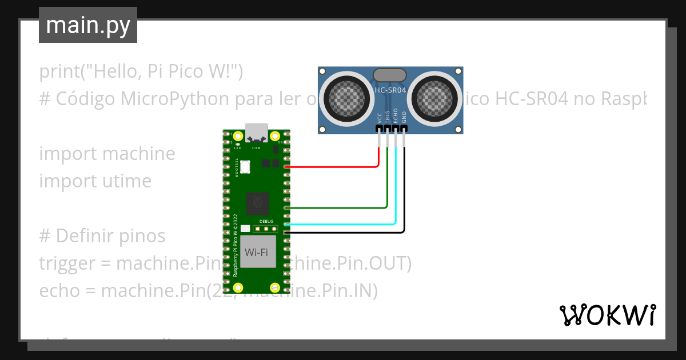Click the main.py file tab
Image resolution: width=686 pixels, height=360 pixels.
click(x=87, y=25)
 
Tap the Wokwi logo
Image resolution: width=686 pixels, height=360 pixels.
click(x=607, y=315)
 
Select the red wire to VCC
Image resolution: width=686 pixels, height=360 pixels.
click(x=332, y=167)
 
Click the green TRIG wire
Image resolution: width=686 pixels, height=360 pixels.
click(x=337, y=207)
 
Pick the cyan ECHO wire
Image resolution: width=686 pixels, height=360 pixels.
click(x=343, y=225)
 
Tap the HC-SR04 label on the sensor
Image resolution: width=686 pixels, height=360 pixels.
click(x=390, y=90)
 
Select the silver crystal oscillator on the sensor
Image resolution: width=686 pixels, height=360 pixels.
click(x=390, y=75)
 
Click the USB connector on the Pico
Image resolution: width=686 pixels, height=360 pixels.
click(x=256, y=133)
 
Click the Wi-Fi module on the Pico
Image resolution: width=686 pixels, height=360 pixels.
click(x=256, y=253)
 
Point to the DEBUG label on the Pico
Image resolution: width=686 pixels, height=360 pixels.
click(x=266, y=221)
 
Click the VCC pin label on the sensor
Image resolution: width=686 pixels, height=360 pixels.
click(x=379, y=118)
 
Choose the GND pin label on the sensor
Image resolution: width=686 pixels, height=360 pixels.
click(x=404, y=118)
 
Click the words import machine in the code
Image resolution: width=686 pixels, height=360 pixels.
click(x=107, y=154)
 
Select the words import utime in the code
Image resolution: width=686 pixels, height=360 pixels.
click(x=95, y=181)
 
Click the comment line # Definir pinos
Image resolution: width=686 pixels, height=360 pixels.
click(x=102, y=236)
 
